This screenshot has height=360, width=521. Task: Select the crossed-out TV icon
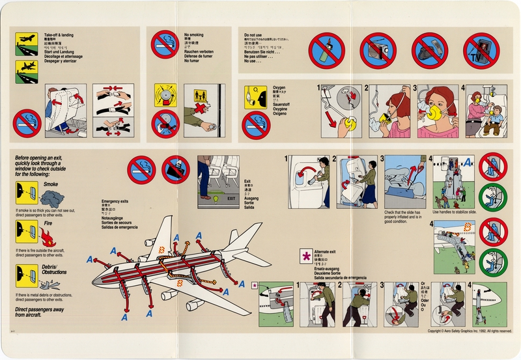click(481, 51)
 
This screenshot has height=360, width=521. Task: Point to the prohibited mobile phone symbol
click(429, 51)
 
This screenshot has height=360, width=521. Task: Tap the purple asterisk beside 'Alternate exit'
click(305, 255)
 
